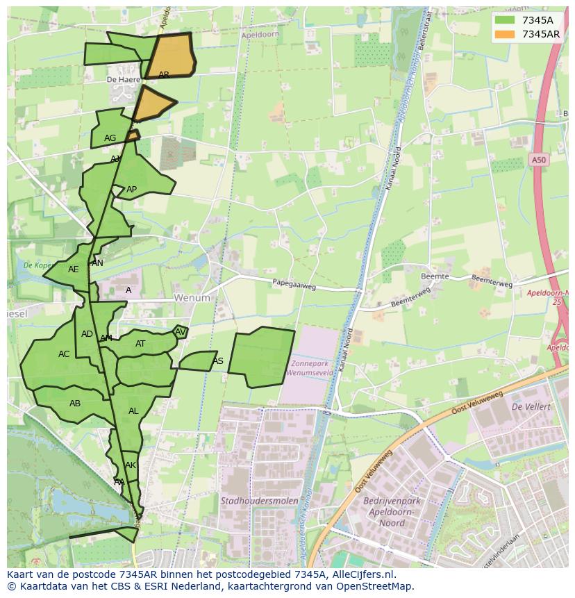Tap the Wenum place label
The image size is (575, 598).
click(x=192, y=298)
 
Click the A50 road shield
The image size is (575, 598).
click(x=539, y=160)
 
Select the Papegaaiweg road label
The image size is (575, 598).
click(x=294, y=283)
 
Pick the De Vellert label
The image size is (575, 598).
click(x=531, y=406)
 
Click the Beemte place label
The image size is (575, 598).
click(x=435, y=276)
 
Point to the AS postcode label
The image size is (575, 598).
click(x=218, y=361)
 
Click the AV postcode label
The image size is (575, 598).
click(x=181, y=332)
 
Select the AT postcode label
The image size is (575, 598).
click(x=140, y=344)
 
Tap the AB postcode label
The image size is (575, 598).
click(x=75, y=404)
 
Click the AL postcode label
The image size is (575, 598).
click(x=133, y=411)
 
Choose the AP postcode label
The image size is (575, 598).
click(x=131, y=190)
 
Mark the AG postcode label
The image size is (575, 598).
click(x=110, y=138)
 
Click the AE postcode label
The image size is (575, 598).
click(x=74, y=269)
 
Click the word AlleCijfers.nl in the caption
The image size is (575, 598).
click(x=361, y=574)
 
